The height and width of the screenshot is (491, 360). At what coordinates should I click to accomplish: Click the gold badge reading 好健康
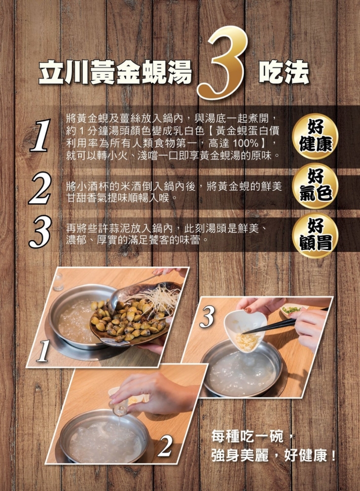[x=316, y=136]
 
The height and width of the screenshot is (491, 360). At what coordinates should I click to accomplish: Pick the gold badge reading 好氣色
[x=316, y=185]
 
